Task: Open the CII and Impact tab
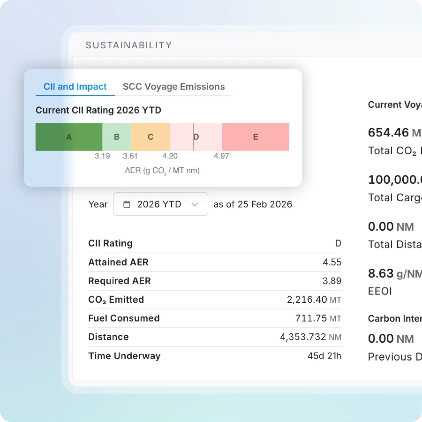tap(75, 87)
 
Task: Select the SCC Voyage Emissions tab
tap(173, 87)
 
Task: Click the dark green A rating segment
tap(69, 137)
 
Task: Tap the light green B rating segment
tap(117, 137)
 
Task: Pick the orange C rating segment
tap(151, 137)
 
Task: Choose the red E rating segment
tap(256, 137)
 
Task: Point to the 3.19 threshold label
tap(102, 156)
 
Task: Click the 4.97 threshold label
tap(221, 156)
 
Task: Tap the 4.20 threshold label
tap(170, 156)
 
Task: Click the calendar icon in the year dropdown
tap(127, 204)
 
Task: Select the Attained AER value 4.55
tap(332, 262)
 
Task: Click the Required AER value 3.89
tap(332, 281)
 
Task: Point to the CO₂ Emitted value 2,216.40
tap(307, 300)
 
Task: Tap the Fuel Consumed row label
tap(124, 318)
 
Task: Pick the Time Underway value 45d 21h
tap(324, 356)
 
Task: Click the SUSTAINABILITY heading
tap(128, 45)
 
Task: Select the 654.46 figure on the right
tap(388, 133)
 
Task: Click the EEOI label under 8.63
tap(379, 291)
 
